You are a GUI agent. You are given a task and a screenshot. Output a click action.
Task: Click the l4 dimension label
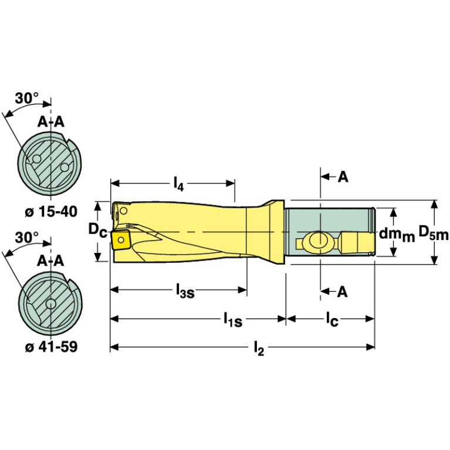tap(178, 185)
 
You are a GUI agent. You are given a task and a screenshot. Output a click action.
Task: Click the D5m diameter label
tap(432, 234)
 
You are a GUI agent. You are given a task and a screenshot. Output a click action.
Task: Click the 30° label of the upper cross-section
tap(27, 99)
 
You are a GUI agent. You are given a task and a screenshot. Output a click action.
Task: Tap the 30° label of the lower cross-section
tap(27, 238)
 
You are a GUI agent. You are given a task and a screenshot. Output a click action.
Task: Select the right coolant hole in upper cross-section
tap(65, 167)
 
